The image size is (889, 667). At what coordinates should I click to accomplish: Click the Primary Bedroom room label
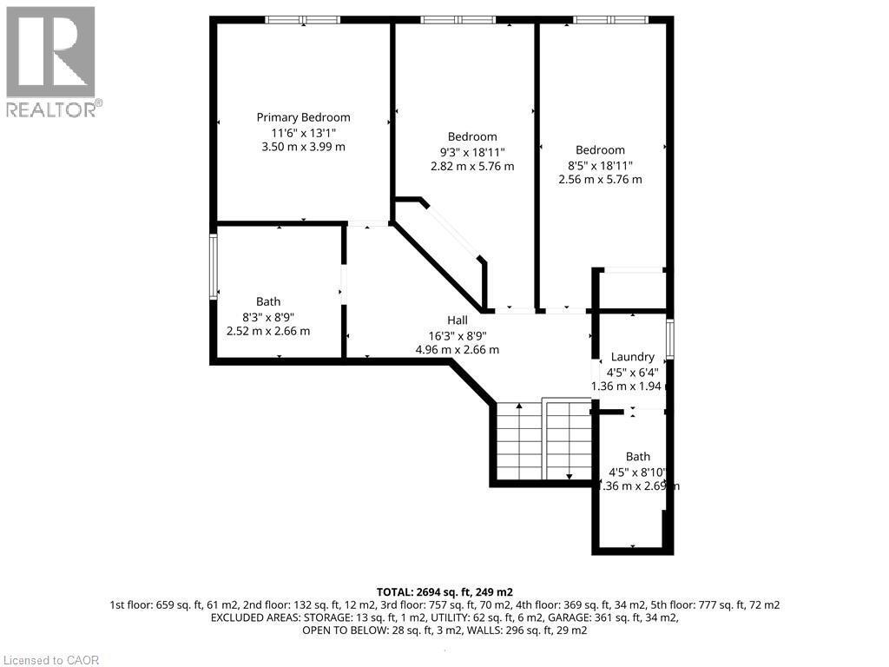[x=303, y=117]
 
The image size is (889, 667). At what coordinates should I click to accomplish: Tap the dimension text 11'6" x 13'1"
[x=303, y=132]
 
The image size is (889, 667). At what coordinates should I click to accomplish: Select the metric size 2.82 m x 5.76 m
[x=472, y=166]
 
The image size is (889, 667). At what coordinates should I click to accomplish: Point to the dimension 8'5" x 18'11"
[x=599, y=165]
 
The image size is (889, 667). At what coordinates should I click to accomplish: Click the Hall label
[x=458, y=320]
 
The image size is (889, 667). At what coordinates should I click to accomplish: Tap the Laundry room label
[x=632, y=357]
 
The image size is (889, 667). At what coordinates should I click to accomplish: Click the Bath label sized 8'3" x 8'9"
[x=268, y=301]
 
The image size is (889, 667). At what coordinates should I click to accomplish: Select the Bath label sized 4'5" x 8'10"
[x=638, y=457]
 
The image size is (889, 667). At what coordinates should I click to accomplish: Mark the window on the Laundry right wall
[x=669, y=339]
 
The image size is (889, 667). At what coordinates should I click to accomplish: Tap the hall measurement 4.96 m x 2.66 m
[x=458, y=350]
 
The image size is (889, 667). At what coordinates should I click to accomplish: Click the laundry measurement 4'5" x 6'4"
[x=633, y=372]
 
